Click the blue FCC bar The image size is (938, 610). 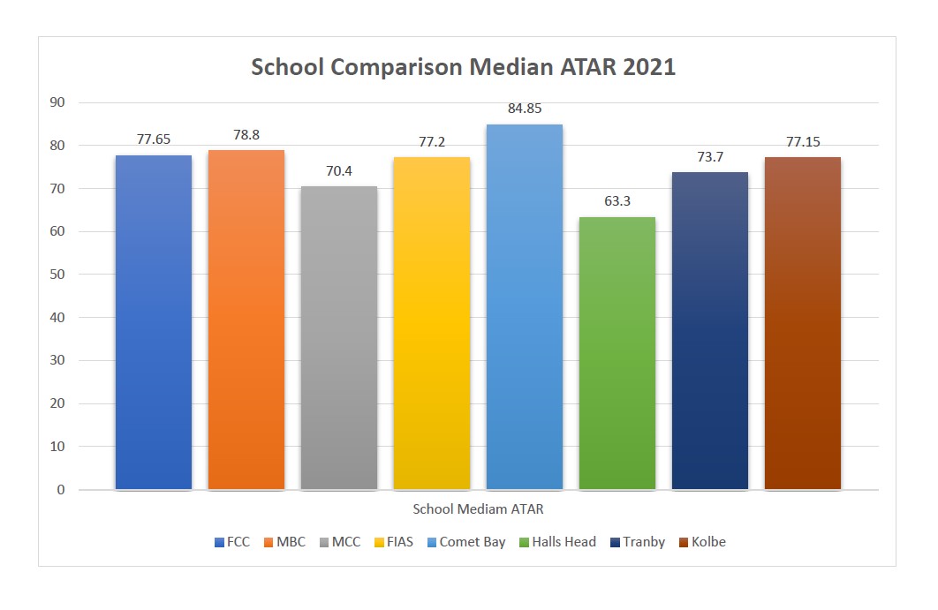coord(154,322)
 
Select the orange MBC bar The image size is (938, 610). coord(246,320)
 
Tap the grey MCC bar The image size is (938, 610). coord(339,337)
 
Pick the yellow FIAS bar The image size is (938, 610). coord(432,323)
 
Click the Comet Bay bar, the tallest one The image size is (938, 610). coord(525,306)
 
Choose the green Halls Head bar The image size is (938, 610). coord(617,353)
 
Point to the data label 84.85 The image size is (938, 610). coord(525,109)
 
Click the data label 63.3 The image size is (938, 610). coord(617,201)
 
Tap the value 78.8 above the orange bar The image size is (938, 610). coord(246,136)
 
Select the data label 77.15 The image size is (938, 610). coord(803,141)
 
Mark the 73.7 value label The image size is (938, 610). coord(710,156)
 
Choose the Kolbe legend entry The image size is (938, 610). coord(702,542)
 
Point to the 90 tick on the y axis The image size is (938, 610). coord(58,102)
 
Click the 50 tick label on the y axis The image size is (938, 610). coord(58,275)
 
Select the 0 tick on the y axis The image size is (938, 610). coord(62,490)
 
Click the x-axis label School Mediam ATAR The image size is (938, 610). coord(478,509)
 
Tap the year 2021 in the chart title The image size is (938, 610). coord(646,68)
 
